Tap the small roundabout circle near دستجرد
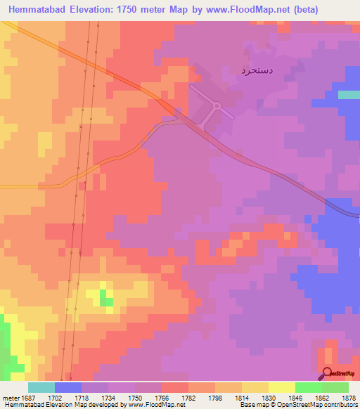(217, 106)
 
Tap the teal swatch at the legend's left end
(41, 387)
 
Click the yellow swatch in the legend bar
(281, 387)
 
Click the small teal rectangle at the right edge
(349, 95)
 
